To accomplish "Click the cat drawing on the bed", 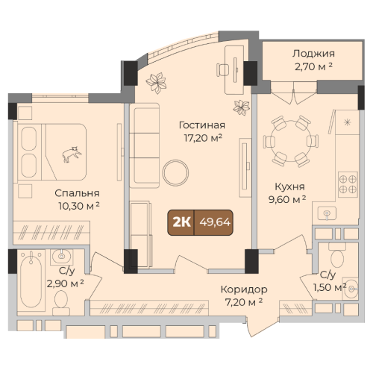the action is click(x=72, y=154).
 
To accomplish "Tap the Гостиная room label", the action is click(x=202, y=125).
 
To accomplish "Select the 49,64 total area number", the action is click(x=215, y=222).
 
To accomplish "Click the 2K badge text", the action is click(x=182, y=222).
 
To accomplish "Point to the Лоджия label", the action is click(x=313, y=54).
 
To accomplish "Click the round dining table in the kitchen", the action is click(x=291, y=141).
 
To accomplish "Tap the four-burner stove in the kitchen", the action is click(x=348, y=184).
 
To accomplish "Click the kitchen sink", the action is click(x=327, y=213).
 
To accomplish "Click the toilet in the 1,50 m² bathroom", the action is click(x=337, y=255).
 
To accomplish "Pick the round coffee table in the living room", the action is click(x=175, y=173).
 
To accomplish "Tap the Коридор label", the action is click(x=244, y=289).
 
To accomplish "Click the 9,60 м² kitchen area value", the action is click(x=287, y=199).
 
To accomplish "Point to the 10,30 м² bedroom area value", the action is click(x=79, y=206).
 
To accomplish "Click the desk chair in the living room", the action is click(x=222, y=70).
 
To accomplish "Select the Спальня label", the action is click(x=77, y=193).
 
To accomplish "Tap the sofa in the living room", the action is click(x=145, y=145).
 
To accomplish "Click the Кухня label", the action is click(x=290, y=186).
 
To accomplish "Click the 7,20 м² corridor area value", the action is click(x=244, y=302).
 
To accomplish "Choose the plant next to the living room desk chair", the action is click(x=242, y=107).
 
